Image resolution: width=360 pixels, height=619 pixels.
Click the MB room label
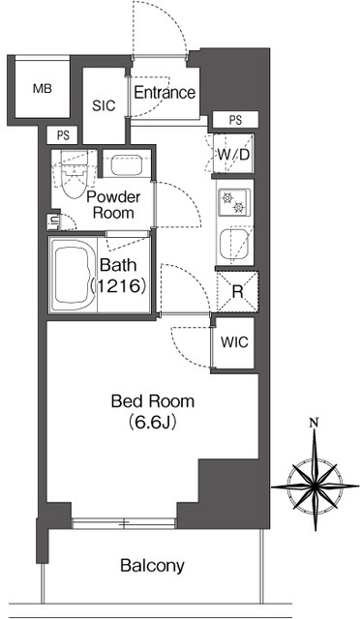click(x=43, y=89)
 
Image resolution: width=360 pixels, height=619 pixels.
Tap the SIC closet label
click(x=104, y=105)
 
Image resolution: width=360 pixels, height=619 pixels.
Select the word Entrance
click(x=165, y=93)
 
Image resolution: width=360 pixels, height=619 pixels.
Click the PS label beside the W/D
click(x=235, y=120)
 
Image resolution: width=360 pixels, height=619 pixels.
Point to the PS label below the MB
click(x=63, y=135)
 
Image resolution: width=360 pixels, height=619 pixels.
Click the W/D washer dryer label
click(x=233, y=155)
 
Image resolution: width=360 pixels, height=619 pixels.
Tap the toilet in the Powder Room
click(x=74, y=175)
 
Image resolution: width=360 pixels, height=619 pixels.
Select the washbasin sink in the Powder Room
click(x=127, y=165)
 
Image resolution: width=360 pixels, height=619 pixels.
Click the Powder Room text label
click(x=113, y=205)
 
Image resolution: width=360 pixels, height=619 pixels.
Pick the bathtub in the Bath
click(x=73, y=275)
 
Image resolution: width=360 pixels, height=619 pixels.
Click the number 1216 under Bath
click(x=119, y=286)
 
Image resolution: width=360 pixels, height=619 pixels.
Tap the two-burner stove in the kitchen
click(x=234, y=202)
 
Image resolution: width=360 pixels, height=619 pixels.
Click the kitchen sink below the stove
click(x=235, y=245)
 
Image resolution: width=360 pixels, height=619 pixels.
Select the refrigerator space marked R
click(x=237, y=292)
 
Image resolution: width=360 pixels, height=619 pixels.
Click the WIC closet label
click(x=234, y=341)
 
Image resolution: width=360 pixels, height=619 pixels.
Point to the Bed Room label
click(x=153, y=401)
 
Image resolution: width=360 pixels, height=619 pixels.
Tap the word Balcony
click(x=152, y=566)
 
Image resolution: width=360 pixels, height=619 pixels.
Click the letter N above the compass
click(x=315, y=424)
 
